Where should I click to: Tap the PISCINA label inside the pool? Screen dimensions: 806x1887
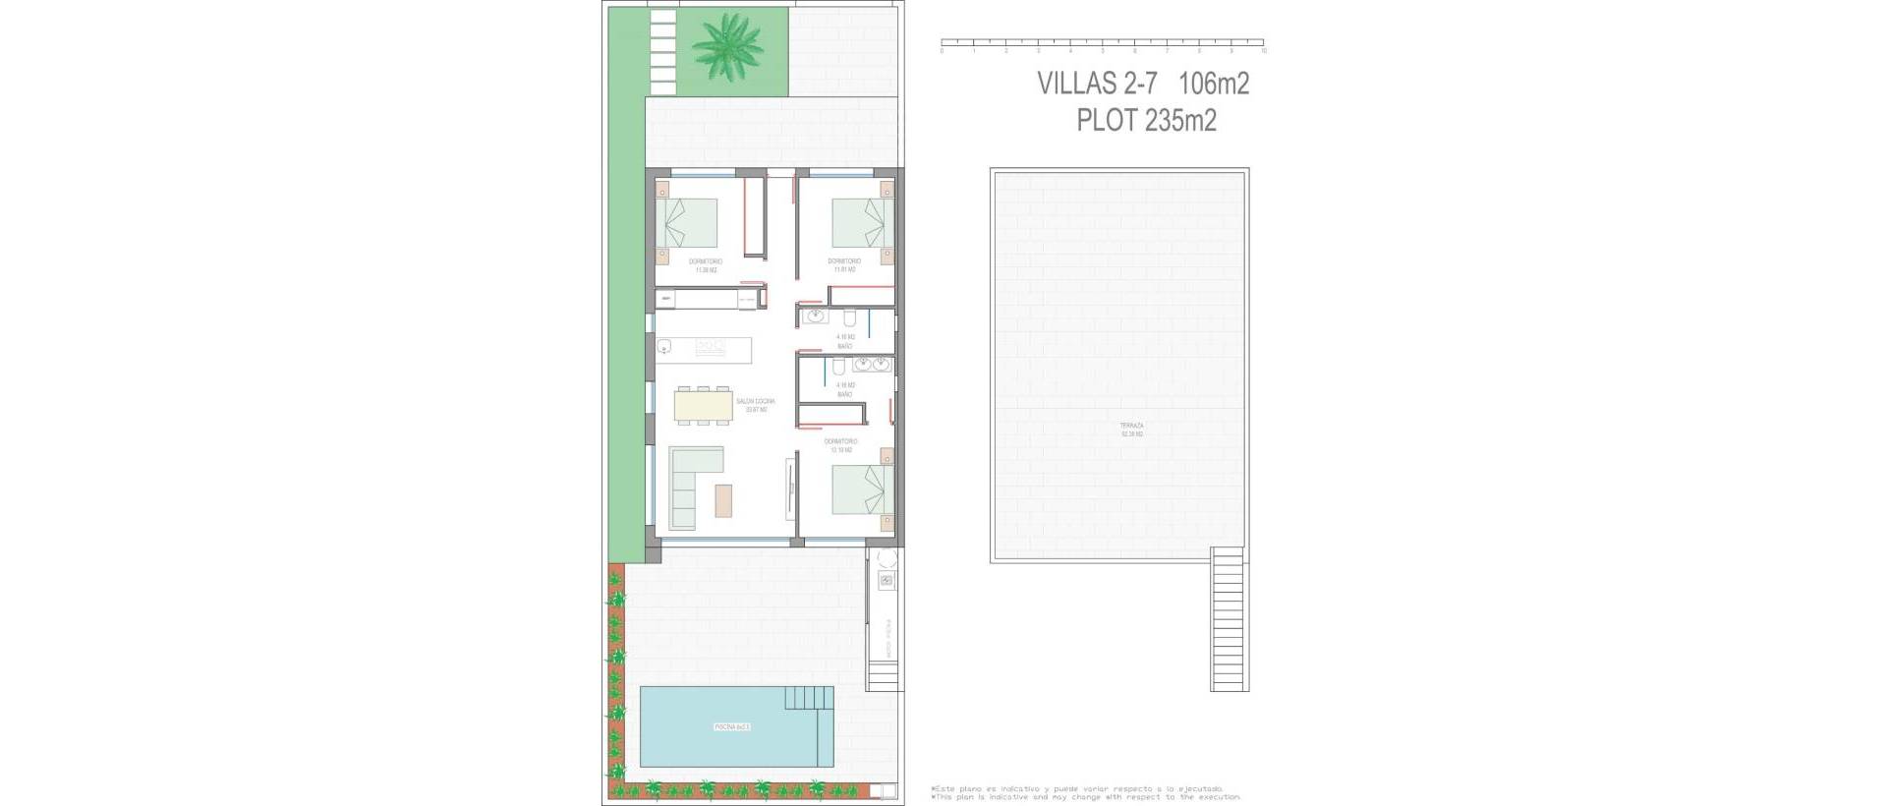tap(732, 727)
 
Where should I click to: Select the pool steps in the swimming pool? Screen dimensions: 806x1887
tap(808, 700)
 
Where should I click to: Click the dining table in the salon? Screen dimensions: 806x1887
tap(704, 404)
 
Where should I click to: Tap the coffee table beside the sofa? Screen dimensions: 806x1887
tap(723, 500)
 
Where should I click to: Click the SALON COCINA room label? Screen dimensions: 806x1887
tap(755, 405)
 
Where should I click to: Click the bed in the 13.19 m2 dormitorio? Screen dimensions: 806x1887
tap(863, 489)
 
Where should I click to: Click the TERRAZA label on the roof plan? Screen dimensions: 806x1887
tap(1131, 430)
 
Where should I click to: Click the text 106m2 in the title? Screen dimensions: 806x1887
tap(1214, 84)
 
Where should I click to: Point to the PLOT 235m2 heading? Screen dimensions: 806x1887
tap(1146, 120)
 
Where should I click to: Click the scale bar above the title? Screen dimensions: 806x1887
tap(1103, 43)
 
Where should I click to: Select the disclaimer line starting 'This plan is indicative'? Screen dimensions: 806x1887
tap(1086, 797)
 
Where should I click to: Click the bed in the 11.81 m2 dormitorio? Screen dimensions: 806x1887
tap(862, 223)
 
